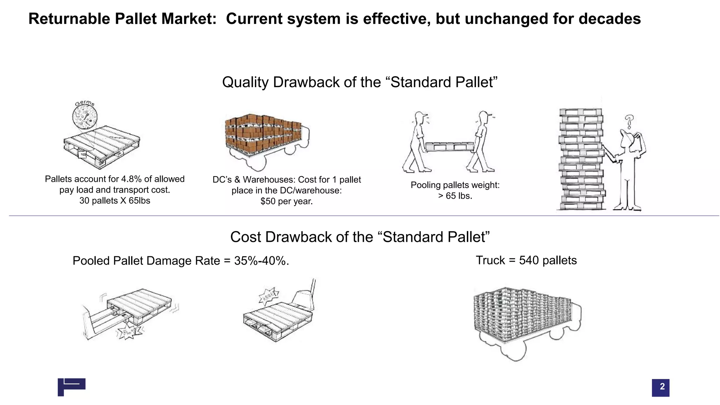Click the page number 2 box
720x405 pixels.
[660, 387]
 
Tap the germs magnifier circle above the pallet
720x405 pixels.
[85, 117]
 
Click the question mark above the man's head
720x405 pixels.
[629, 122]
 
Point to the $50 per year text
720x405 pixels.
[286, 201]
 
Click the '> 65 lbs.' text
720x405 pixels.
[455, 196]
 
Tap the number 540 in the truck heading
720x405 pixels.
[529, 260]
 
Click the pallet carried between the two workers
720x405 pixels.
[450, 146]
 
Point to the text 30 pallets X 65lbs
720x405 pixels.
[115, 201]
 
